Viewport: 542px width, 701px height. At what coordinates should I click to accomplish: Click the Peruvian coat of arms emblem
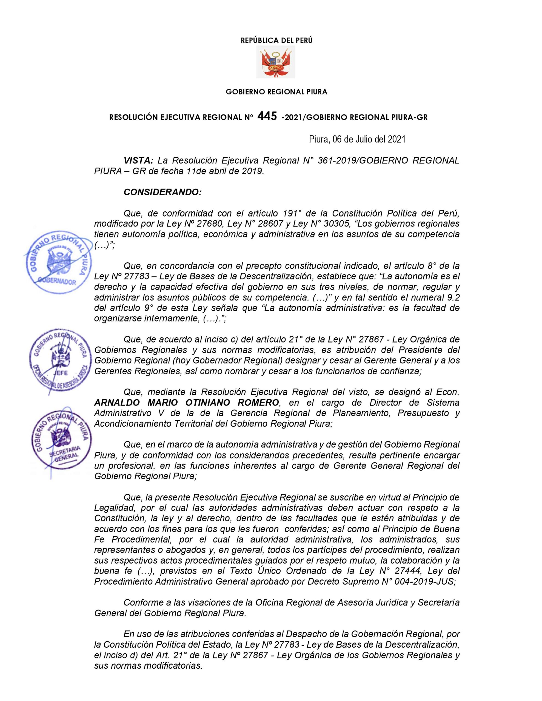click(275, 62)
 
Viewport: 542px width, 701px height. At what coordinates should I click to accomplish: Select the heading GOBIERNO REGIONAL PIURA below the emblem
click(276, 92)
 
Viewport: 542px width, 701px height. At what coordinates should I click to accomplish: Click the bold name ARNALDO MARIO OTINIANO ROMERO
click(186, 403)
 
